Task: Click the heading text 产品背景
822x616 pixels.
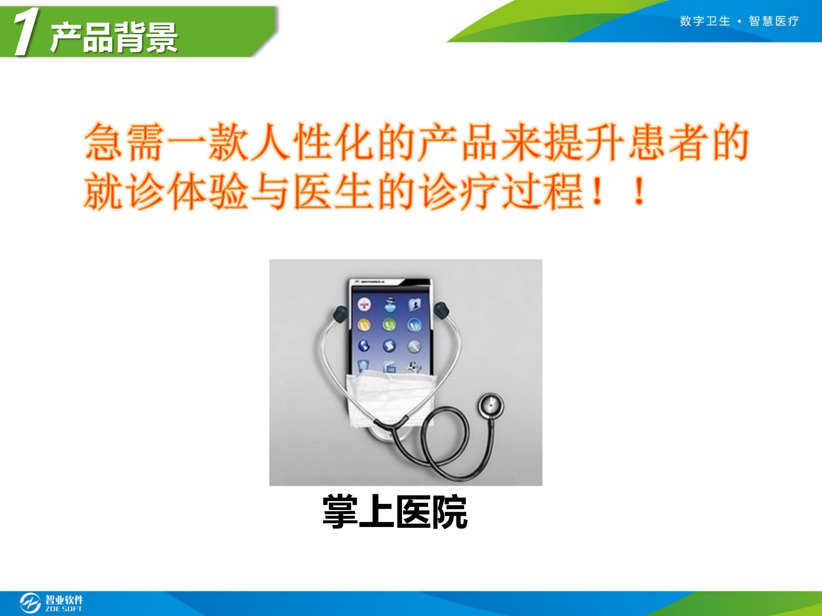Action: coord(114,38)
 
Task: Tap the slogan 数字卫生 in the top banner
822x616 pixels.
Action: coord(705,21)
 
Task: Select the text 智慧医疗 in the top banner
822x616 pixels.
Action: coord(774,21)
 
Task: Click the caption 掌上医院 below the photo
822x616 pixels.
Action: coord(395,512)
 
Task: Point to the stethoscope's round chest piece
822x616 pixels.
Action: coord(491,406)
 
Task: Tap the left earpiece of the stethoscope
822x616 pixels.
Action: coord(341,314)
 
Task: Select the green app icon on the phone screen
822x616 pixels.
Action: coord(389,325)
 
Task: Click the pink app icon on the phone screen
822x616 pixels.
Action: coord(364,305)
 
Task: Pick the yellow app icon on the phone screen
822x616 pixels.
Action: coord(364,326)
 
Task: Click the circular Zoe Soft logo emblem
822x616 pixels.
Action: coord(30,603)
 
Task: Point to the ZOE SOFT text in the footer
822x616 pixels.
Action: coord(64,609)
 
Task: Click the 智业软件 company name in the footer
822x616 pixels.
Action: coord(64,599)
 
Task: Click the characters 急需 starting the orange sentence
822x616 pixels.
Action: coord(124,142)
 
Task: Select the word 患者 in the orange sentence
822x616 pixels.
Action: coord(669,142)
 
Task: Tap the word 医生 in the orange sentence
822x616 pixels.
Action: coord(334,191)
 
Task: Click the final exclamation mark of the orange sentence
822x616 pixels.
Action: coord(639,191)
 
